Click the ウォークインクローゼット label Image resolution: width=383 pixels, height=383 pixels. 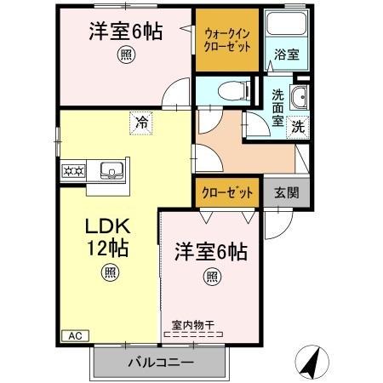coord(227,41)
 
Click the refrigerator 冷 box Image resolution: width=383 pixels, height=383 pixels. coord(142,123)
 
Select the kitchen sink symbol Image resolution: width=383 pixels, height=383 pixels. coord(111,170)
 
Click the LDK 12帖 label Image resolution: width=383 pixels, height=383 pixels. coord(106,238)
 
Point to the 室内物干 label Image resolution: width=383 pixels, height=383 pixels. coord(191,323)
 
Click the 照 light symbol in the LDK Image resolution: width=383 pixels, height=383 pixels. coord(111,272)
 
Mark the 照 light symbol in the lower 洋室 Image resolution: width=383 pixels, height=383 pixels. coord(212,277)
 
